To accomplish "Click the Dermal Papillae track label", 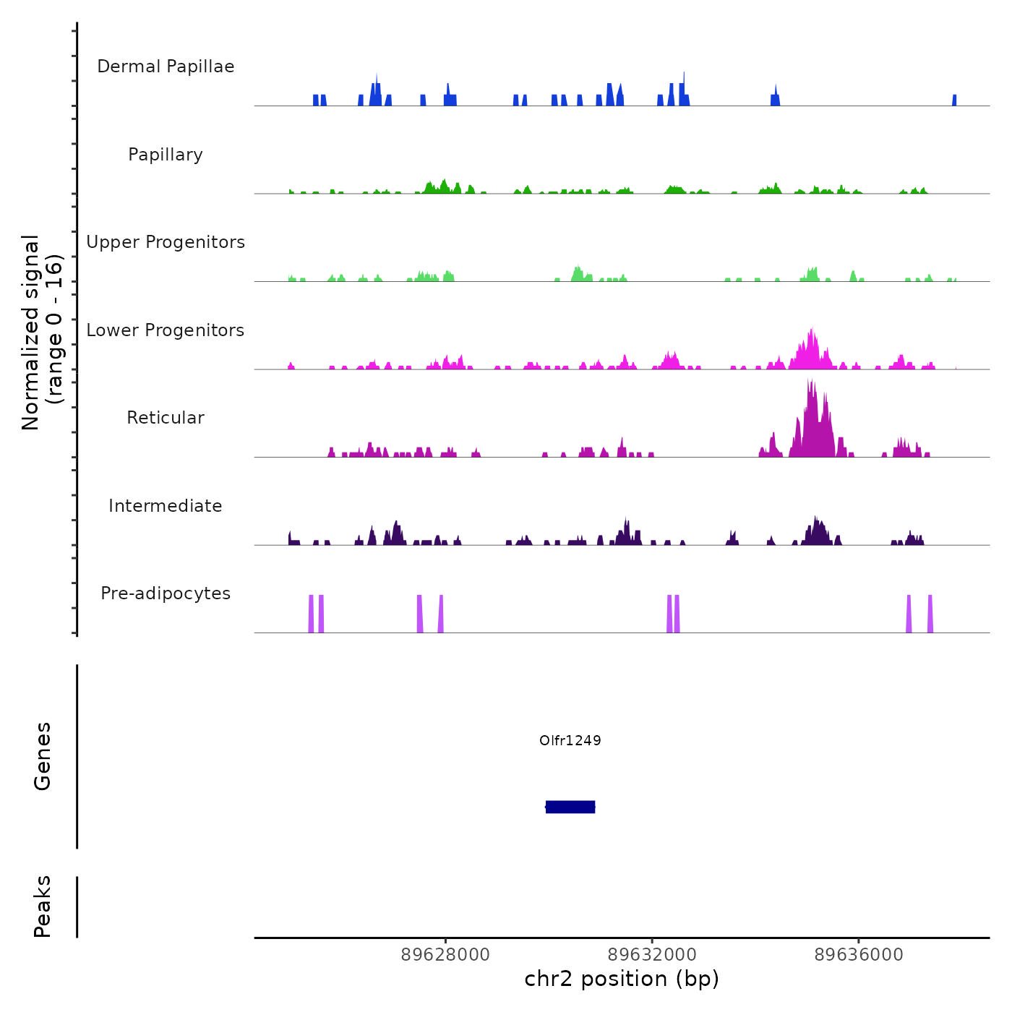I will (166, 67).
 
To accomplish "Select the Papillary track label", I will (166, 155).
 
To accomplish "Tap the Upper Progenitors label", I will (166, 242).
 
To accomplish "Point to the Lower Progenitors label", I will (166, 330).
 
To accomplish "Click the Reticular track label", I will (166, 418).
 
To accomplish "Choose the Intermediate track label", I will (166, 506).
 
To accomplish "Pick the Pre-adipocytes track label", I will (166, 593).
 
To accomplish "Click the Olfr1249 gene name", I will (570, 740).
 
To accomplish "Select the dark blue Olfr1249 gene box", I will (570, 807).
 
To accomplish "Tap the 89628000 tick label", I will (445, 955).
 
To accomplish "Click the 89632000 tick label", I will (652, 955).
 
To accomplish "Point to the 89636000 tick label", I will (859, 955).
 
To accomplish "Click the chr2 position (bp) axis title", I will (622, 979).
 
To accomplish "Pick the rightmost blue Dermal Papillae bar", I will (954, 100).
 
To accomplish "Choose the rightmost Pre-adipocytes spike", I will (930, 614).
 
